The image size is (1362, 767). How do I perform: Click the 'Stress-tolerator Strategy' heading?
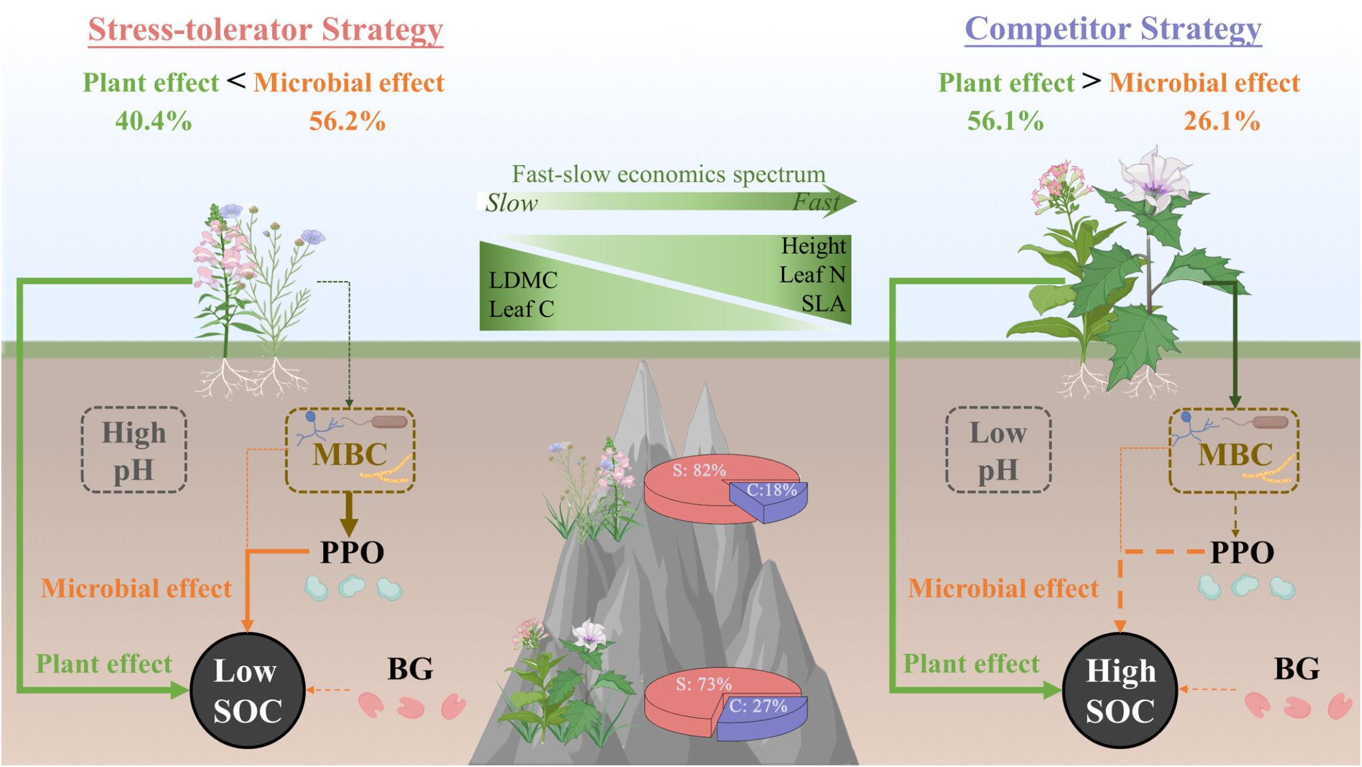point(265,30)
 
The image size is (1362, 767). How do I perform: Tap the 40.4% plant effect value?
point(154,121)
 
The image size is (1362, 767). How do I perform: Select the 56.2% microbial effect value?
point(347,121)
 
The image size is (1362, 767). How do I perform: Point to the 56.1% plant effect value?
point(1005,121)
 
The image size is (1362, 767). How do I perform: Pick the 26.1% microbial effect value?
point(1222,121)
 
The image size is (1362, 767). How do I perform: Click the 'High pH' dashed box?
point(134,450)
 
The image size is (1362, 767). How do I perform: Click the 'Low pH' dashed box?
point(998,450)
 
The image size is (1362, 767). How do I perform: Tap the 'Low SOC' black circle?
point(247,691)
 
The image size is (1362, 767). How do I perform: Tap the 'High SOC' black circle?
point(1120,691)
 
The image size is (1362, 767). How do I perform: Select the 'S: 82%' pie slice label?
point(699,470)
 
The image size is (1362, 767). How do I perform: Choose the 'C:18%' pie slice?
point(771,492)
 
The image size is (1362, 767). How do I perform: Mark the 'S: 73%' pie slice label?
point(704,684)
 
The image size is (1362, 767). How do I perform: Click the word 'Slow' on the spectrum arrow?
point(511,203)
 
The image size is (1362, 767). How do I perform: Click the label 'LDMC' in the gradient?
point(523,280)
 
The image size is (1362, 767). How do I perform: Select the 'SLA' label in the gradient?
point(823,303)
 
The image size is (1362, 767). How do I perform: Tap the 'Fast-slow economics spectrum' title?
point(668,174)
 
